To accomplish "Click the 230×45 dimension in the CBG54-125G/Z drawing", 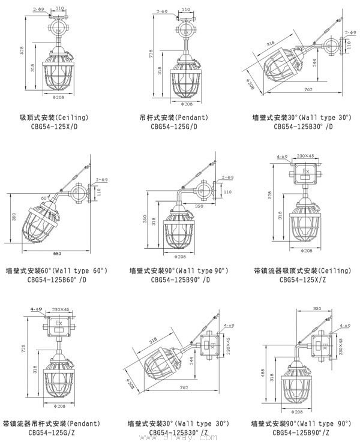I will point(62,309).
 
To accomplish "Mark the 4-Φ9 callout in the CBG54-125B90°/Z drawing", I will point(344,326).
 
